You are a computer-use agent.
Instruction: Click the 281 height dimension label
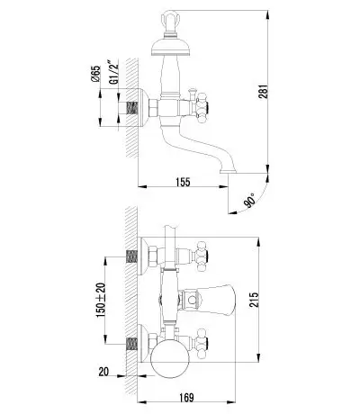[x=263, y=91]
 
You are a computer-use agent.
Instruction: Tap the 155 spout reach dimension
[x=184, y=182]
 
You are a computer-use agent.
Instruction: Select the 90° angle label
[x=250, y=200]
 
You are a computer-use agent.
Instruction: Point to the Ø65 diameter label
[x=95, y=74]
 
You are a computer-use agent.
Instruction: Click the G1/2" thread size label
[x=113, y=72]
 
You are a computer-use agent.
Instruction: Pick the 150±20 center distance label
[x=101, y=301]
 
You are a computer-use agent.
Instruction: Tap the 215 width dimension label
[x=254, y=300]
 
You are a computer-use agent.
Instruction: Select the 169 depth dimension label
[x=186, y=398]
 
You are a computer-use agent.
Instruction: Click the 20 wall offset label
[x=103, y=372]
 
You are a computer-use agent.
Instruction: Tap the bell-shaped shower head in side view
[x=170, y=47]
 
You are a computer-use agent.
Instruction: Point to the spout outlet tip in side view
[x=229, y=171]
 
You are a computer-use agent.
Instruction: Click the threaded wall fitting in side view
[x=132, y=108]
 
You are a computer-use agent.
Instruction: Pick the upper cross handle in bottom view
[x=202, y=256]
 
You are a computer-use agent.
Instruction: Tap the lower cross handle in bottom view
[x=201, y=343]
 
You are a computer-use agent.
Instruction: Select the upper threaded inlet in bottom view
[x=132, y=256]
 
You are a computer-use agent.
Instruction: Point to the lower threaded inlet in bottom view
[x=132, y=344]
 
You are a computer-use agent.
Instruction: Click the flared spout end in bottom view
[x=223, y=300]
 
